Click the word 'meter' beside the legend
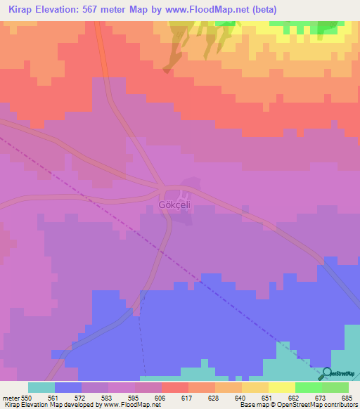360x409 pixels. (11, 397)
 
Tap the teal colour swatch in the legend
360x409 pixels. (41, 387)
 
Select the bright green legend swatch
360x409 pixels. (309, 387)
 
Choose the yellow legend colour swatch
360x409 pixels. (282, 387)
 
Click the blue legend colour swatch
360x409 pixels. (68, 387)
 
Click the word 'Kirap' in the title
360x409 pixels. (25, 10)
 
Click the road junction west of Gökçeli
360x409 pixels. (161, 188)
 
